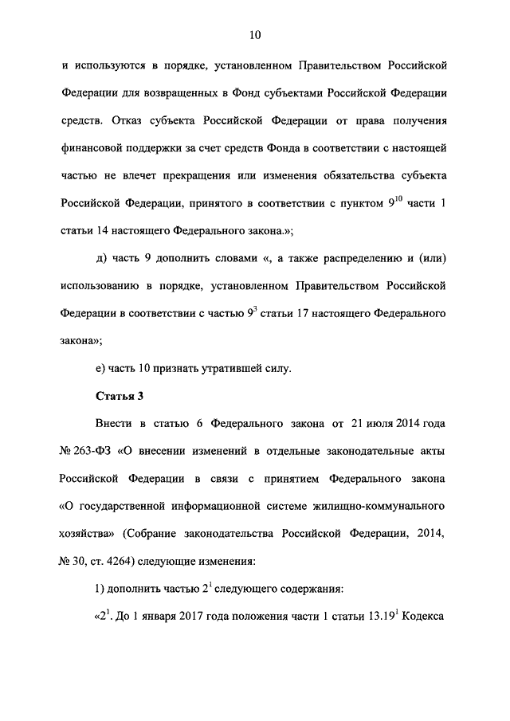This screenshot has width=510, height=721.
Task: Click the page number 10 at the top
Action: (255, 35)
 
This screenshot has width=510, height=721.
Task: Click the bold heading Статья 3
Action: (119, 396)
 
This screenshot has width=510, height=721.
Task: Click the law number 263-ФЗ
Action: (95, 451)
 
